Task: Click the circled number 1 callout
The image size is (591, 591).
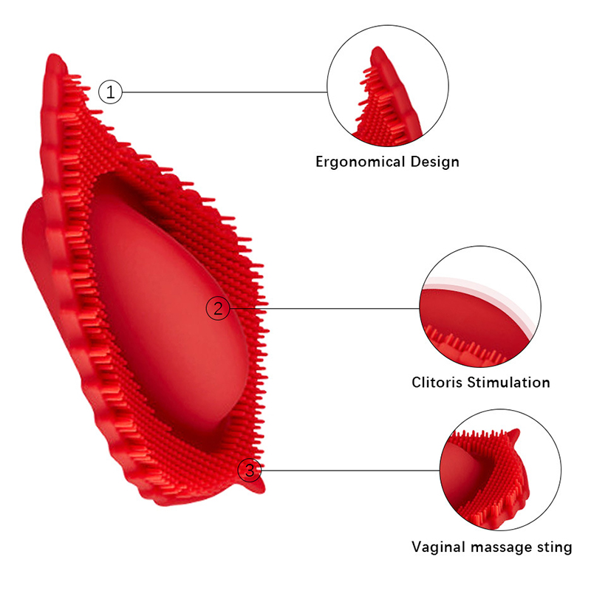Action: point(110,92)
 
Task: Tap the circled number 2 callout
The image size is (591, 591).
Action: point(217,308)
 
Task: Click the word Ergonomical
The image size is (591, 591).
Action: point(356,162)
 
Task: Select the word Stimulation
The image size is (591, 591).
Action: point(511,383)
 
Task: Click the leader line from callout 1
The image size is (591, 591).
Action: point(222,92)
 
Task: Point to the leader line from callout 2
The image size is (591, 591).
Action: point(325,308)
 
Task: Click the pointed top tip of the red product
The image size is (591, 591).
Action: point(52,59)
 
